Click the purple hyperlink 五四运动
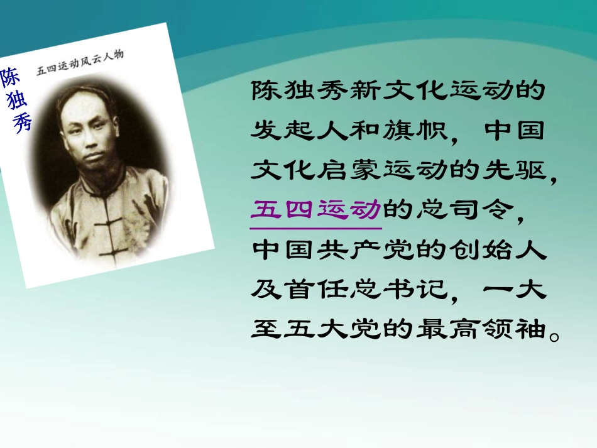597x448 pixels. point(315,209)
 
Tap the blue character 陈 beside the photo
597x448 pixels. point(9,77)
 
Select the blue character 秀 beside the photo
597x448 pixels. point(22,122)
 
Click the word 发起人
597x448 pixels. point(299,130)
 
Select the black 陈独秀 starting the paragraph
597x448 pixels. point(299,90)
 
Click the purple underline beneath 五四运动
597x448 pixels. point(315,228)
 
